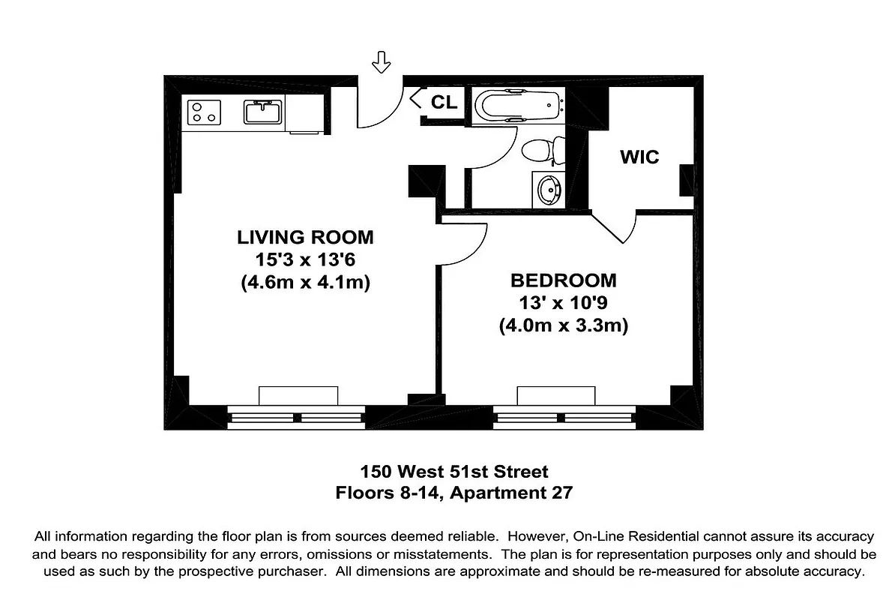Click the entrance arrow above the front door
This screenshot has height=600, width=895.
(x=382, y=63)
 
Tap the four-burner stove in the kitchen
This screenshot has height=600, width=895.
(x=204, y=112)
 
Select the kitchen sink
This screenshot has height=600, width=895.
(x=262, y=112)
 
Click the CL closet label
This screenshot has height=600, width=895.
(x=444, y=103)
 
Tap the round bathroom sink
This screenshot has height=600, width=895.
(x=549, y=189)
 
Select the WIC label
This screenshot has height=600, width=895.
(x=639, y=157)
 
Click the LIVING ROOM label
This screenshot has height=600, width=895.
(x=305, y=238)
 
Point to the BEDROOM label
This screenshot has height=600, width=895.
(x=563, y=281)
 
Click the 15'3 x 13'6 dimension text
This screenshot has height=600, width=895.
(x=305, y=260)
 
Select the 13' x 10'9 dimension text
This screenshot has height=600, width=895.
(x=563, y=304)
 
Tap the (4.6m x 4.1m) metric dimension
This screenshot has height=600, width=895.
(x=305, y=283)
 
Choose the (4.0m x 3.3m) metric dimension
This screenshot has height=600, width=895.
(x=563, y=326)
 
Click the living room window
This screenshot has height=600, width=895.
(x=296, y=417)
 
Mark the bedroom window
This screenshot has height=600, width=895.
(x=564, y=417)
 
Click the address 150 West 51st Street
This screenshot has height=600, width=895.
(x=454, y=472)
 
